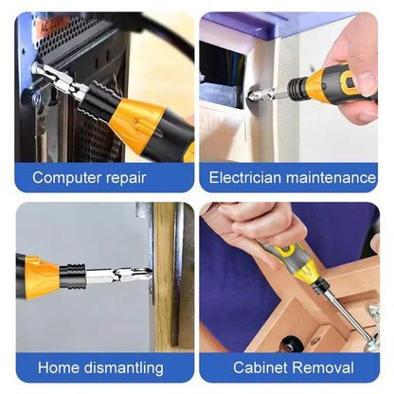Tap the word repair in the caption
pyautogui.click(x=126, y=178)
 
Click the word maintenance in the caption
pyautogui.click(x=331, y=177)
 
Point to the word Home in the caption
pyautogui.click(x=59, y=367)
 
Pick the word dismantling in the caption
pyautogui.click(x=124, y=368)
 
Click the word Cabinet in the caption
pyautogui.click(x=260, y=367)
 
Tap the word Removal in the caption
pyautogui.click(x=323, y=367)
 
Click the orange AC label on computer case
pyautogui.click(x=53, y=26)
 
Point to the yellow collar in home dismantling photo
pyautogui.click(x=44, y=278)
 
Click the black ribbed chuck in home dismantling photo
pyautogui.click(x=72, y=277)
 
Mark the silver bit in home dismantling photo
pyautogui.click(x=118, y=276)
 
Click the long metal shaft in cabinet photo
pyautogui.click(x=348, y=315)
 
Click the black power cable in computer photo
pyautogui.click(x=164, y=33)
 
